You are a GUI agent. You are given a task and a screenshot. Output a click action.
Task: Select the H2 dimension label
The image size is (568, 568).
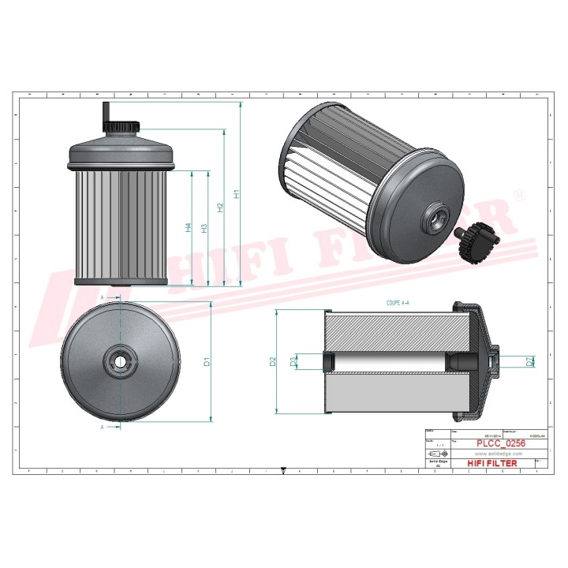tap(221, 208)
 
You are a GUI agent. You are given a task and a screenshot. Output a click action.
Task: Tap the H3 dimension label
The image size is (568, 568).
tap(205, 228)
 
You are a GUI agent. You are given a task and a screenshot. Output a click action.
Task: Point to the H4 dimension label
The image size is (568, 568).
tap(189, 228)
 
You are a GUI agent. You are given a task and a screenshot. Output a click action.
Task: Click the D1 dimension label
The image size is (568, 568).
tap(207, 362)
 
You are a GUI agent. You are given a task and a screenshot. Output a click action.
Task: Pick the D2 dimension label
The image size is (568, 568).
tap(273, 361)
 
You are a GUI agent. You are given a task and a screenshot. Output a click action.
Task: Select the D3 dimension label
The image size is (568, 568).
tap(293, 362)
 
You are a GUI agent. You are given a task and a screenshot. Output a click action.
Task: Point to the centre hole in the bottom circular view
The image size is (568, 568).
tap(119, 362)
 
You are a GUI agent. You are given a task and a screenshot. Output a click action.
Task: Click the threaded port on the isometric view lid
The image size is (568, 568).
tap(435, 215)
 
